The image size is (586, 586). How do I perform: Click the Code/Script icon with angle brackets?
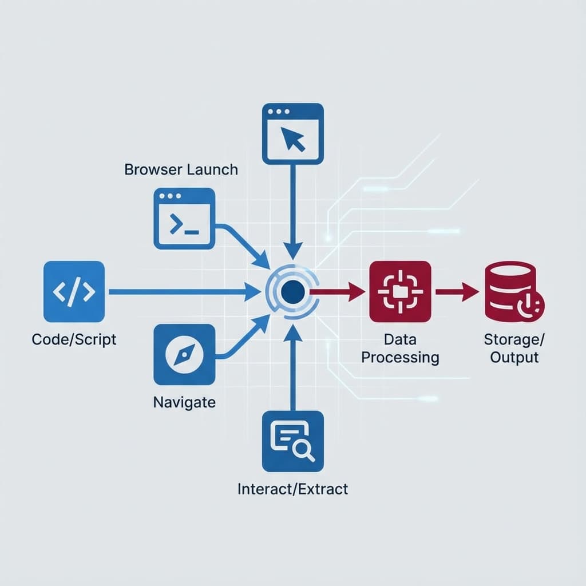[74, 291]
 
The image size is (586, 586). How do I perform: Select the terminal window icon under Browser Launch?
[184, 219]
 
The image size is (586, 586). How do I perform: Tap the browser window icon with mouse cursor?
[292, 134]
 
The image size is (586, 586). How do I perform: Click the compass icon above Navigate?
[184, 354]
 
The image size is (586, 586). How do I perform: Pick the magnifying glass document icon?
[292, 441]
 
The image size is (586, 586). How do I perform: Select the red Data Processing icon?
[400, 291]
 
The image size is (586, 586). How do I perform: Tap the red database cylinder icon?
[511, 291]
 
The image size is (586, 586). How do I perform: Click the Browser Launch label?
[181, 169]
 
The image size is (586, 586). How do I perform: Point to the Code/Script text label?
[74, 339]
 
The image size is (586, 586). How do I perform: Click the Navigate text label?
[184, 402]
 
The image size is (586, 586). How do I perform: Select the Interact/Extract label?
[292, 489]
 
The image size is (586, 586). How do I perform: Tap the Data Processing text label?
[400, 349]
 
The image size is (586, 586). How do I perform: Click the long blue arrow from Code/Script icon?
[183, 292]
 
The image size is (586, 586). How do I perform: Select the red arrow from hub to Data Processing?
[338, 292]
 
